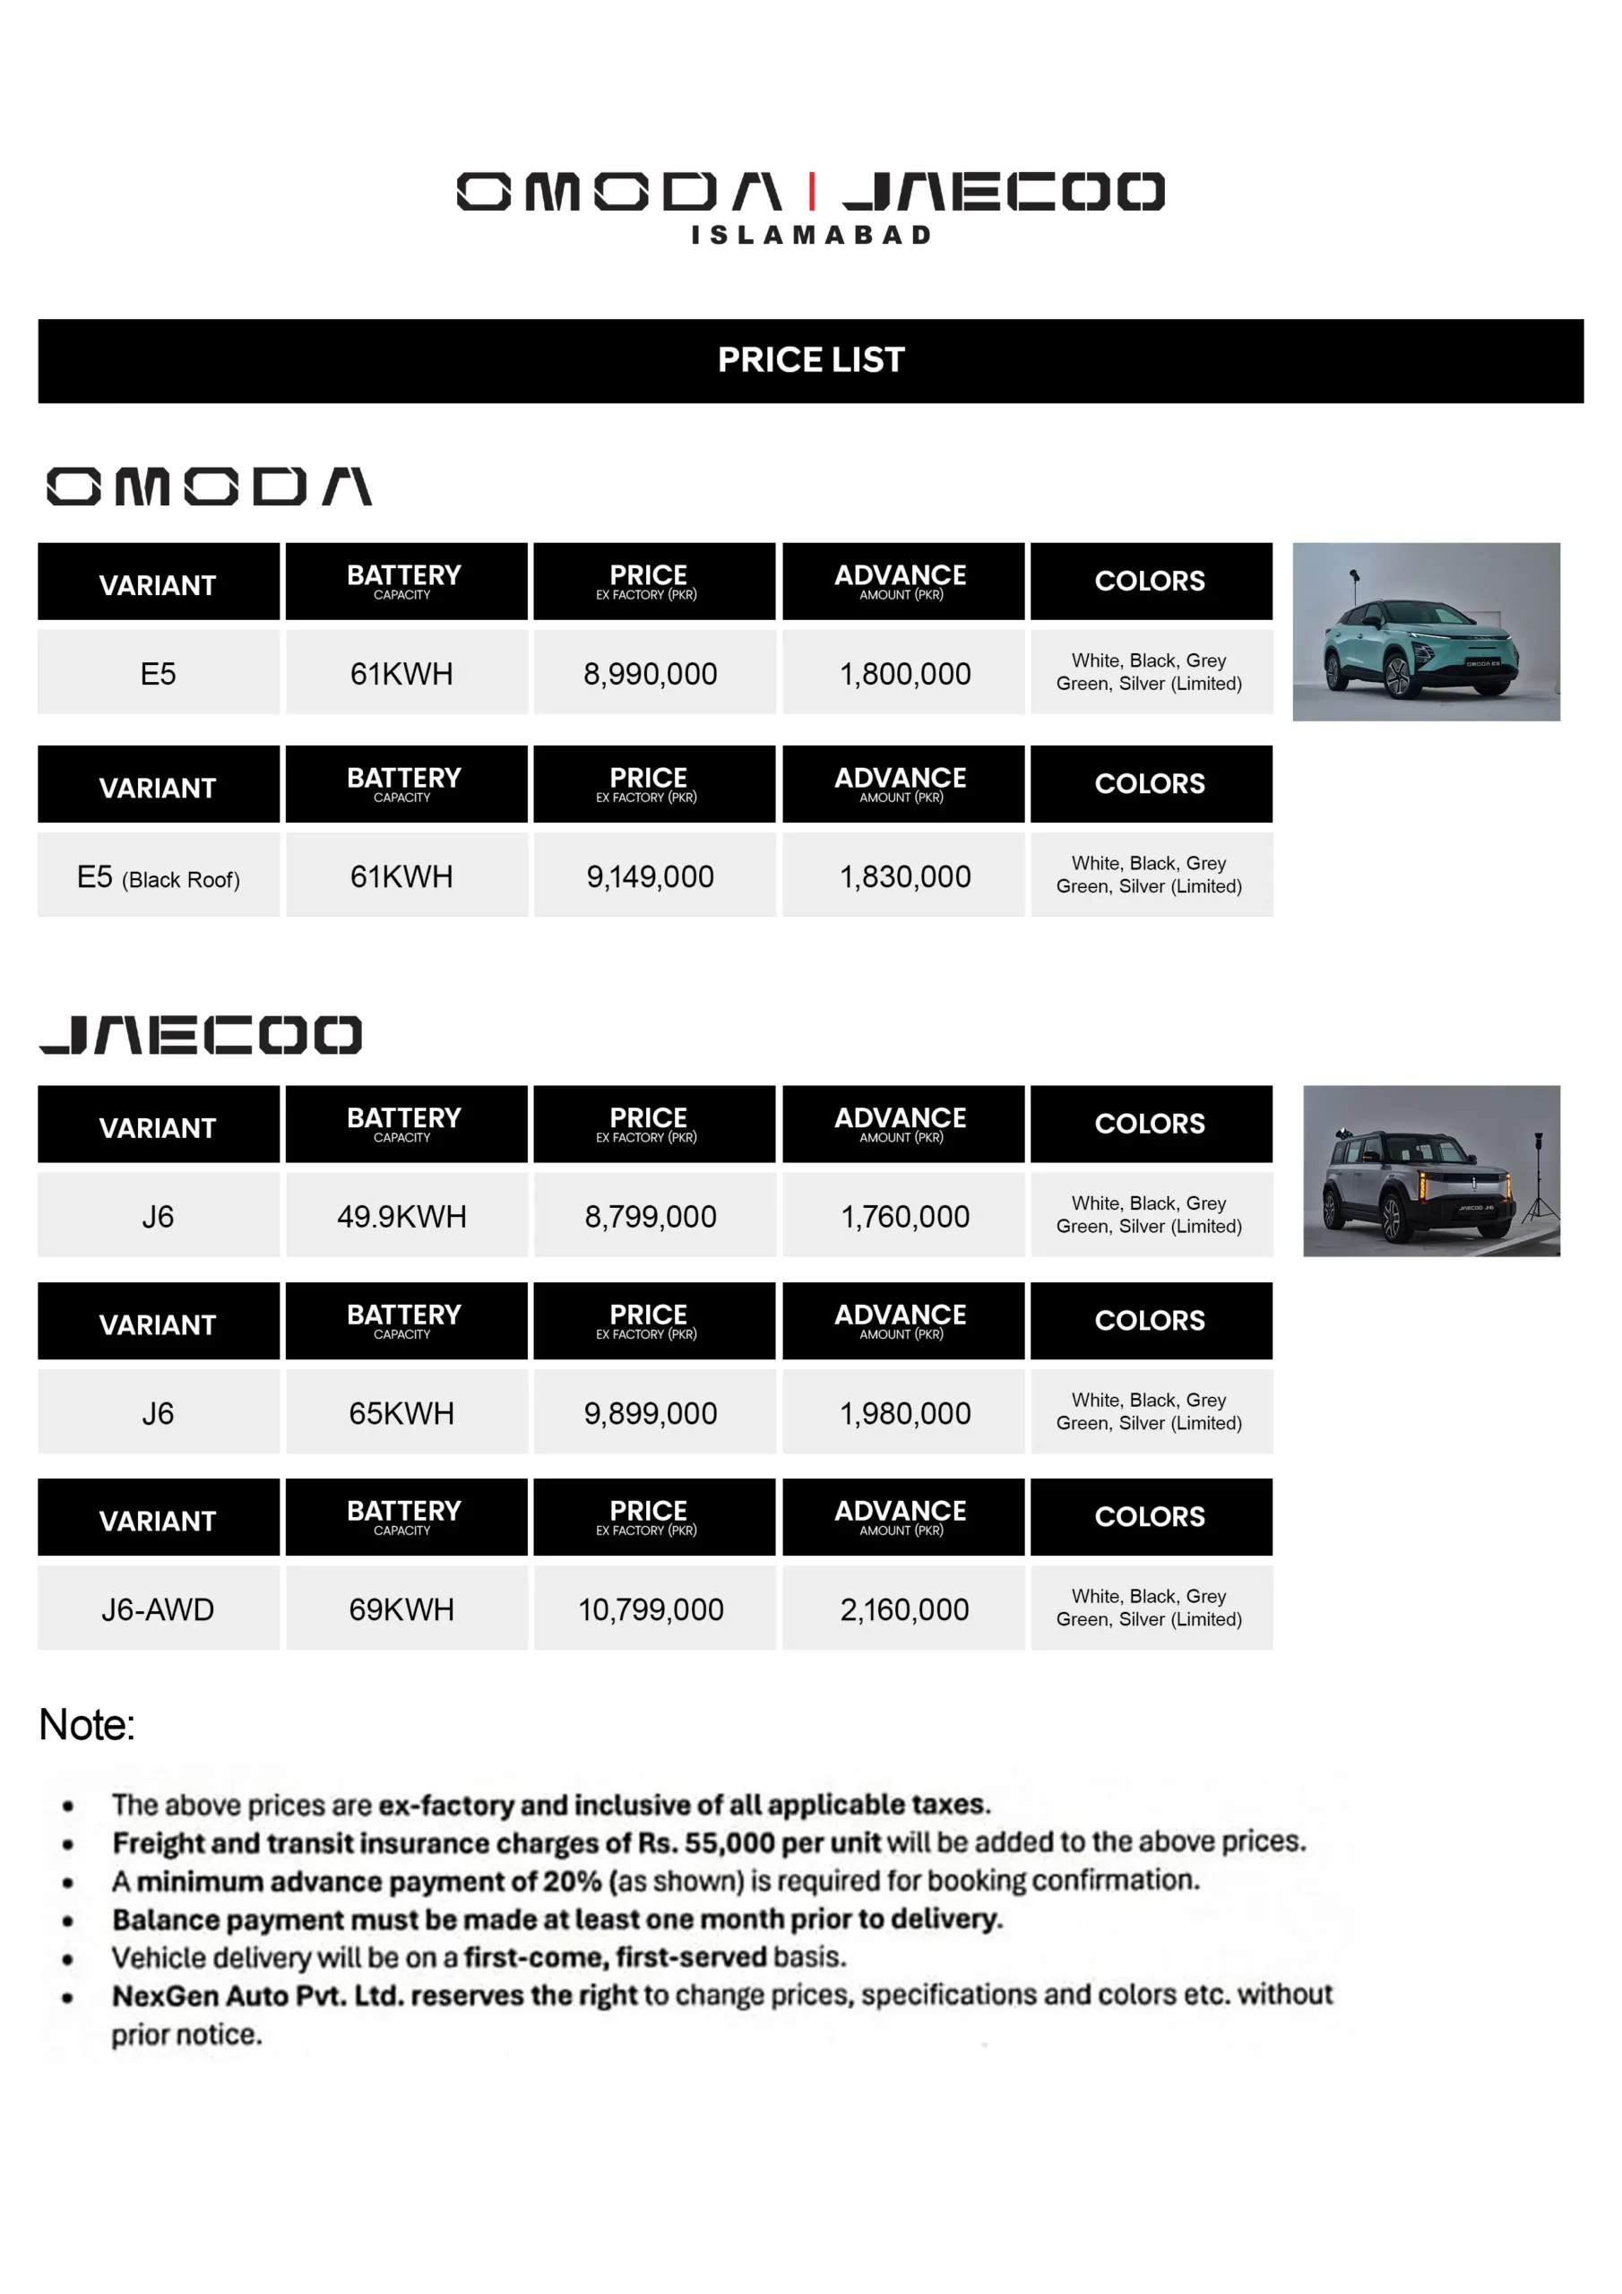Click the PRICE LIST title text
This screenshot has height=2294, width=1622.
[810, 359]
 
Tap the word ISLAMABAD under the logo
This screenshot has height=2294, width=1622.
[810, 235]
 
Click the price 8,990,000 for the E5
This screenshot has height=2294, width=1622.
[651, 675]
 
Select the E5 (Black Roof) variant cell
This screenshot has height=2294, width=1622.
[158, 877]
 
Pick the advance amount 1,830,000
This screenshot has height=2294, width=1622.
[904, 877]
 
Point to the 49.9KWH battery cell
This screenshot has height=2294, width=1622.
[401, 1217]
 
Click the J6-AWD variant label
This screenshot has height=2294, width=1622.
[158, 1609]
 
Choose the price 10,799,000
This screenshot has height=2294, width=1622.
[651, 1609]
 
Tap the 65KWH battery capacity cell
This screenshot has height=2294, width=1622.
[401, 1414]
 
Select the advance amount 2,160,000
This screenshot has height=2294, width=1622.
[904, 1609]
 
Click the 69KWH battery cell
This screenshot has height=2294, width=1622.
[401, 1609]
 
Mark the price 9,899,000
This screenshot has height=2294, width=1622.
[651, 1414]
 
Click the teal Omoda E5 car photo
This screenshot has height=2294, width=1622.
[1425, 632]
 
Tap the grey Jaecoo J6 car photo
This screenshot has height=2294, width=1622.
[1430, 1170]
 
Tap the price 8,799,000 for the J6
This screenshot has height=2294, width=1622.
[651, 1217]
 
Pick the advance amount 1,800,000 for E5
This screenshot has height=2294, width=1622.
[904, 675]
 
